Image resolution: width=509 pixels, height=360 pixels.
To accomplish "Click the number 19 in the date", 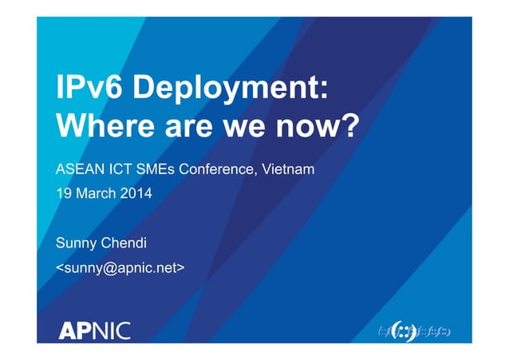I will [63, 193].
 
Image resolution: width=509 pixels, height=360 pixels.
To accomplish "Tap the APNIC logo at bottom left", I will [94, 329].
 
